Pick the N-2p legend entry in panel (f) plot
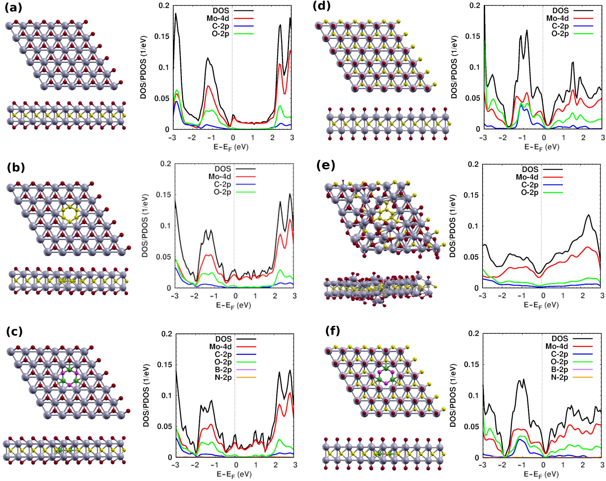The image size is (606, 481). point(559,377)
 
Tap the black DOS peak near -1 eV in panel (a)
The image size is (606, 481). point(208,58)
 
